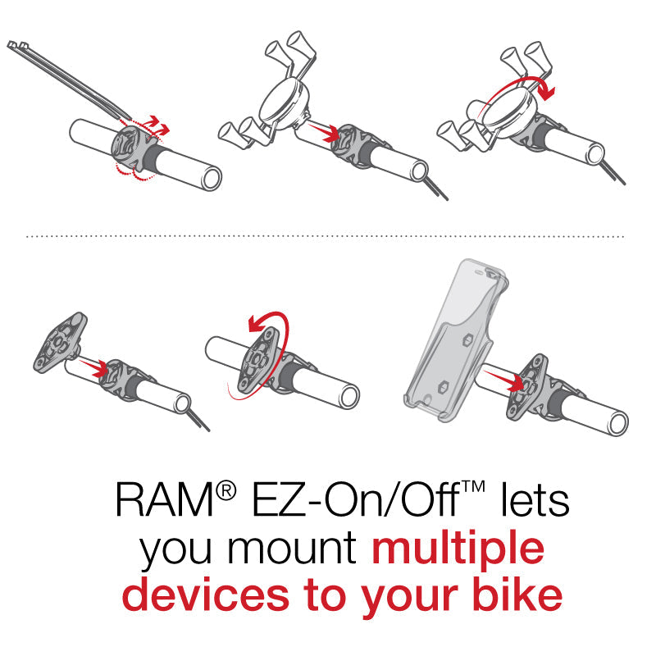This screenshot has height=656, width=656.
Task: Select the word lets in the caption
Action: tap(532, 499)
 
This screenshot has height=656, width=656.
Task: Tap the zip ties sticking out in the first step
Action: tap(57, 70)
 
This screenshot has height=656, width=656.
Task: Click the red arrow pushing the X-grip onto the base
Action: tap(321, 129)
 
